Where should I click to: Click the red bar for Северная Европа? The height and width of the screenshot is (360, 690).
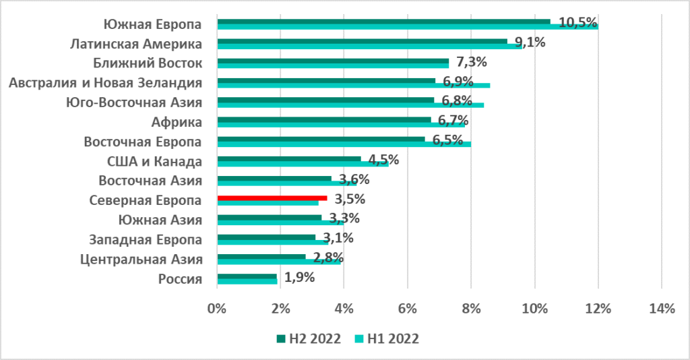click(272, 198)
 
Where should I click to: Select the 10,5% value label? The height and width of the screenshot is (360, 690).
click(578, 22)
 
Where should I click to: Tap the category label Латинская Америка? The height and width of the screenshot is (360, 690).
click(137, 44)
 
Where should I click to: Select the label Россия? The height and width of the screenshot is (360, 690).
click(181, 279)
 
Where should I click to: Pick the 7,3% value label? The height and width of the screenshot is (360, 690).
click(471, 63)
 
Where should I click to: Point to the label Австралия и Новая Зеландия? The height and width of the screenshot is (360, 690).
click(104, 84)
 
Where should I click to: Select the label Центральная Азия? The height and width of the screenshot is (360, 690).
click(141, 260)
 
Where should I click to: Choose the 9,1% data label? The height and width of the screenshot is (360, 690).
click(530, 42)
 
